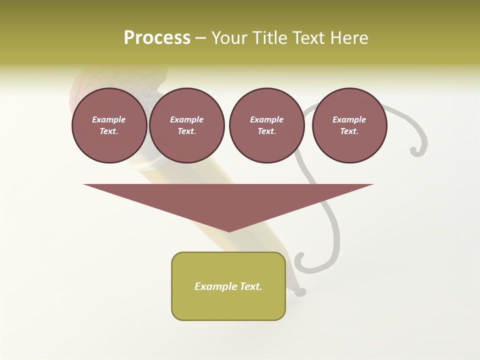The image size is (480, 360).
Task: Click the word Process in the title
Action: coord(157,38)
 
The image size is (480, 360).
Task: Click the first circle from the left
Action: coord(109,125)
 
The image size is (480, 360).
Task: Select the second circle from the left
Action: coord(187,125)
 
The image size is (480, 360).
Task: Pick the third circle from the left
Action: coord(266,125)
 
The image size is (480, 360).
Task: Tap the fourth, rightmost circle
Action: coord(349,125)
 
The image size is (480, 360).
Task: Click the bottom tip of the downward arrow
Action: coord(229,231)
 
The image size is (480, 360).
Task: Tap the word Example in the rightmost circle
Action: coord(349,119)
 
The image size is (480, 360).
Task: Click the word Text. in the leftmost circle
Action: coord(109,131)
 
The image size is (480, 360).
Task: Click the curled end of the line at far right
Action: coord(414,150)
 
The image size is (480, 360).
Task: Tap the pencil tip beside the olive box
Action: coord(300,291)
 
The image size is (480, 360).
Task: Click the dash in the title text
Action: coord(200,38)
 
